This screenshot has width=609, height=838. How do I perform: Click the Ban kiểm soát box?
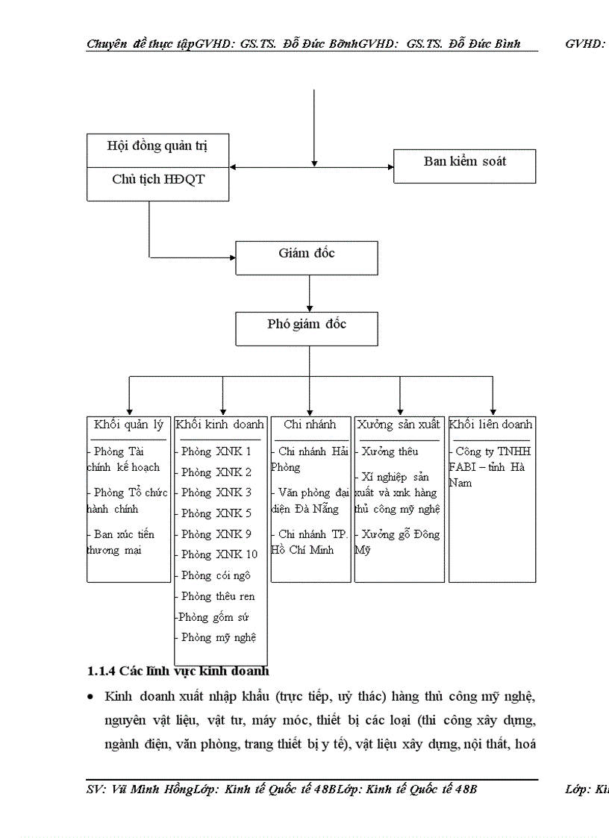[464, 161]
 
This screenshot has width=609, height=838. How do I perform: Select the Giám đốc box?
[307, 253]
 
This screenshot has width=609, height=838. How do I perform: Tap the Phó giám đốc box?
[307, 324]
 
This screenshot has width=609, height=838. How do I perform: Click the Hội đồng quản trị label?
[157, 146]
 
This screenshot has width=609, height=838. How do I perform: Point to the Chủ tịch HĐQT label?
[157, 179]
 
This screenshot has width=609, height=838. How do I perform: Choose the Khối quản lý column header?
[128, 425]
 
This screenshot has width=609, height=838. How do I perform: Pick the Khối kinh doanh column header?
[220, 425]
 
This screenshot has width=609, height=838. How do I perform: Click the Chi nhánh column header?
[310, 425]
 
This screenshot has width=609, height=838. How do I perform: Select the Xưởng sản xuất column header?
[398, 425]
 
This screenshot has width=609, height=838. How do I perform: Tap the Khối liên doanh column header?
[491, 425]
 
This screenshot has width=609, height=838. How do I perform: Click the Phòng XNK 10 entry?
[219, 554]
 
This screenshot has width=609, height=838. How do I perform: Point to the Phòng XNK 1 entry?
[216, 451]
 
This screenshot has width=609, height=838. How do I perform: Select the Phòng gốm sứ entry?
[214, 617]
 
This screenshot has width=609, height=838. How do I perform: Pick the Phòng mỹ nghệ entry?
[219, 637]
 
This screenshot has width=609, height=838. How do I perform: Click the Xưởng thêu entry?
[390, 451]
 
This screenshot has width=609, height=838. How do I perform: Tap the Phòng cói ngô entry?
[216, 575]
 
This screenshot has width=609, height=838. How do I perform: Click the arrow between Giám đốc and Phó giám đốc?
[309, 293]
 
